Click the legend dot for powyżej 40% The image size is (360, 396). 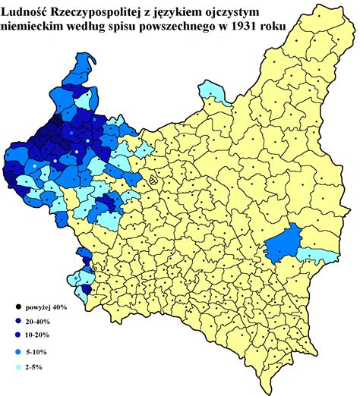pos(17,307)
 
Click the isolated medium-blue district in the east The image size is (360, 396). pos(283,242)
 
